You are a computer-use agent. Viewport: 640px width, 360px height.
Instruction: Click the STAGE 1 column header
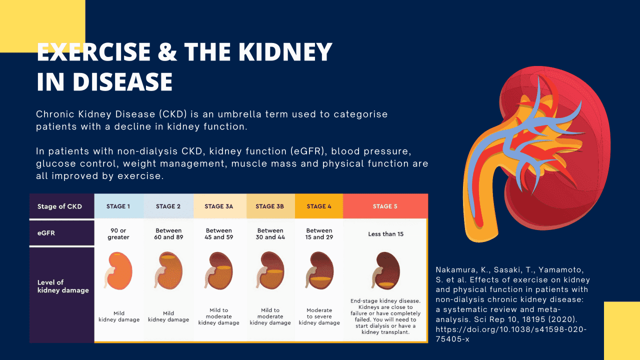coord(118,206)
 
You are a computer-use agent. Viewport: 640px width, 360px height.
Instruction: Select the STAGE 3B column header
coord(270,206)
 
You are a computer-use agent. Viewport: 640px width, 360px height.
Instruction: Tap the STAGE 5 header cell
coord(385,206)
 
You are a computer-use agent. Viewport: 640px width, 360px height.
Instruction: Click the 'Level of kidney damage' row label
coord(56,286)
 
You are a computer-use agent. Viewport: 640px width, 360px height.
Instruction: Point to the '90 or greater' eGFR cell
coord(118,234)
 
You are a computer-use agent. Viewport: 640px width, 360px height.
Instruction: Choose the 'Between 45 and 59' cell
coord(218,234)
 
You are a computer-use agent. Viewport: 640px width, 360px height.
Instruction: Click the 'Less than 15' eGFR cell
coord(385,234)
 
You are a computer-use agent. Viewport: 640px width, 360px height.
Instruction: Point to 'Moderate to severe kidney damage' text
coord(319,316)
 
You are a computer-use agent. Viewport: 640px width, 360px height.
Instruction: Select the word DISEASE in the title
coord(123,81)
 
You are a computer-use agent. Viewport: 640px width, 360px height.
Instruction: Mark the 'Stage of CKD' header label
coord(59,206)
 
